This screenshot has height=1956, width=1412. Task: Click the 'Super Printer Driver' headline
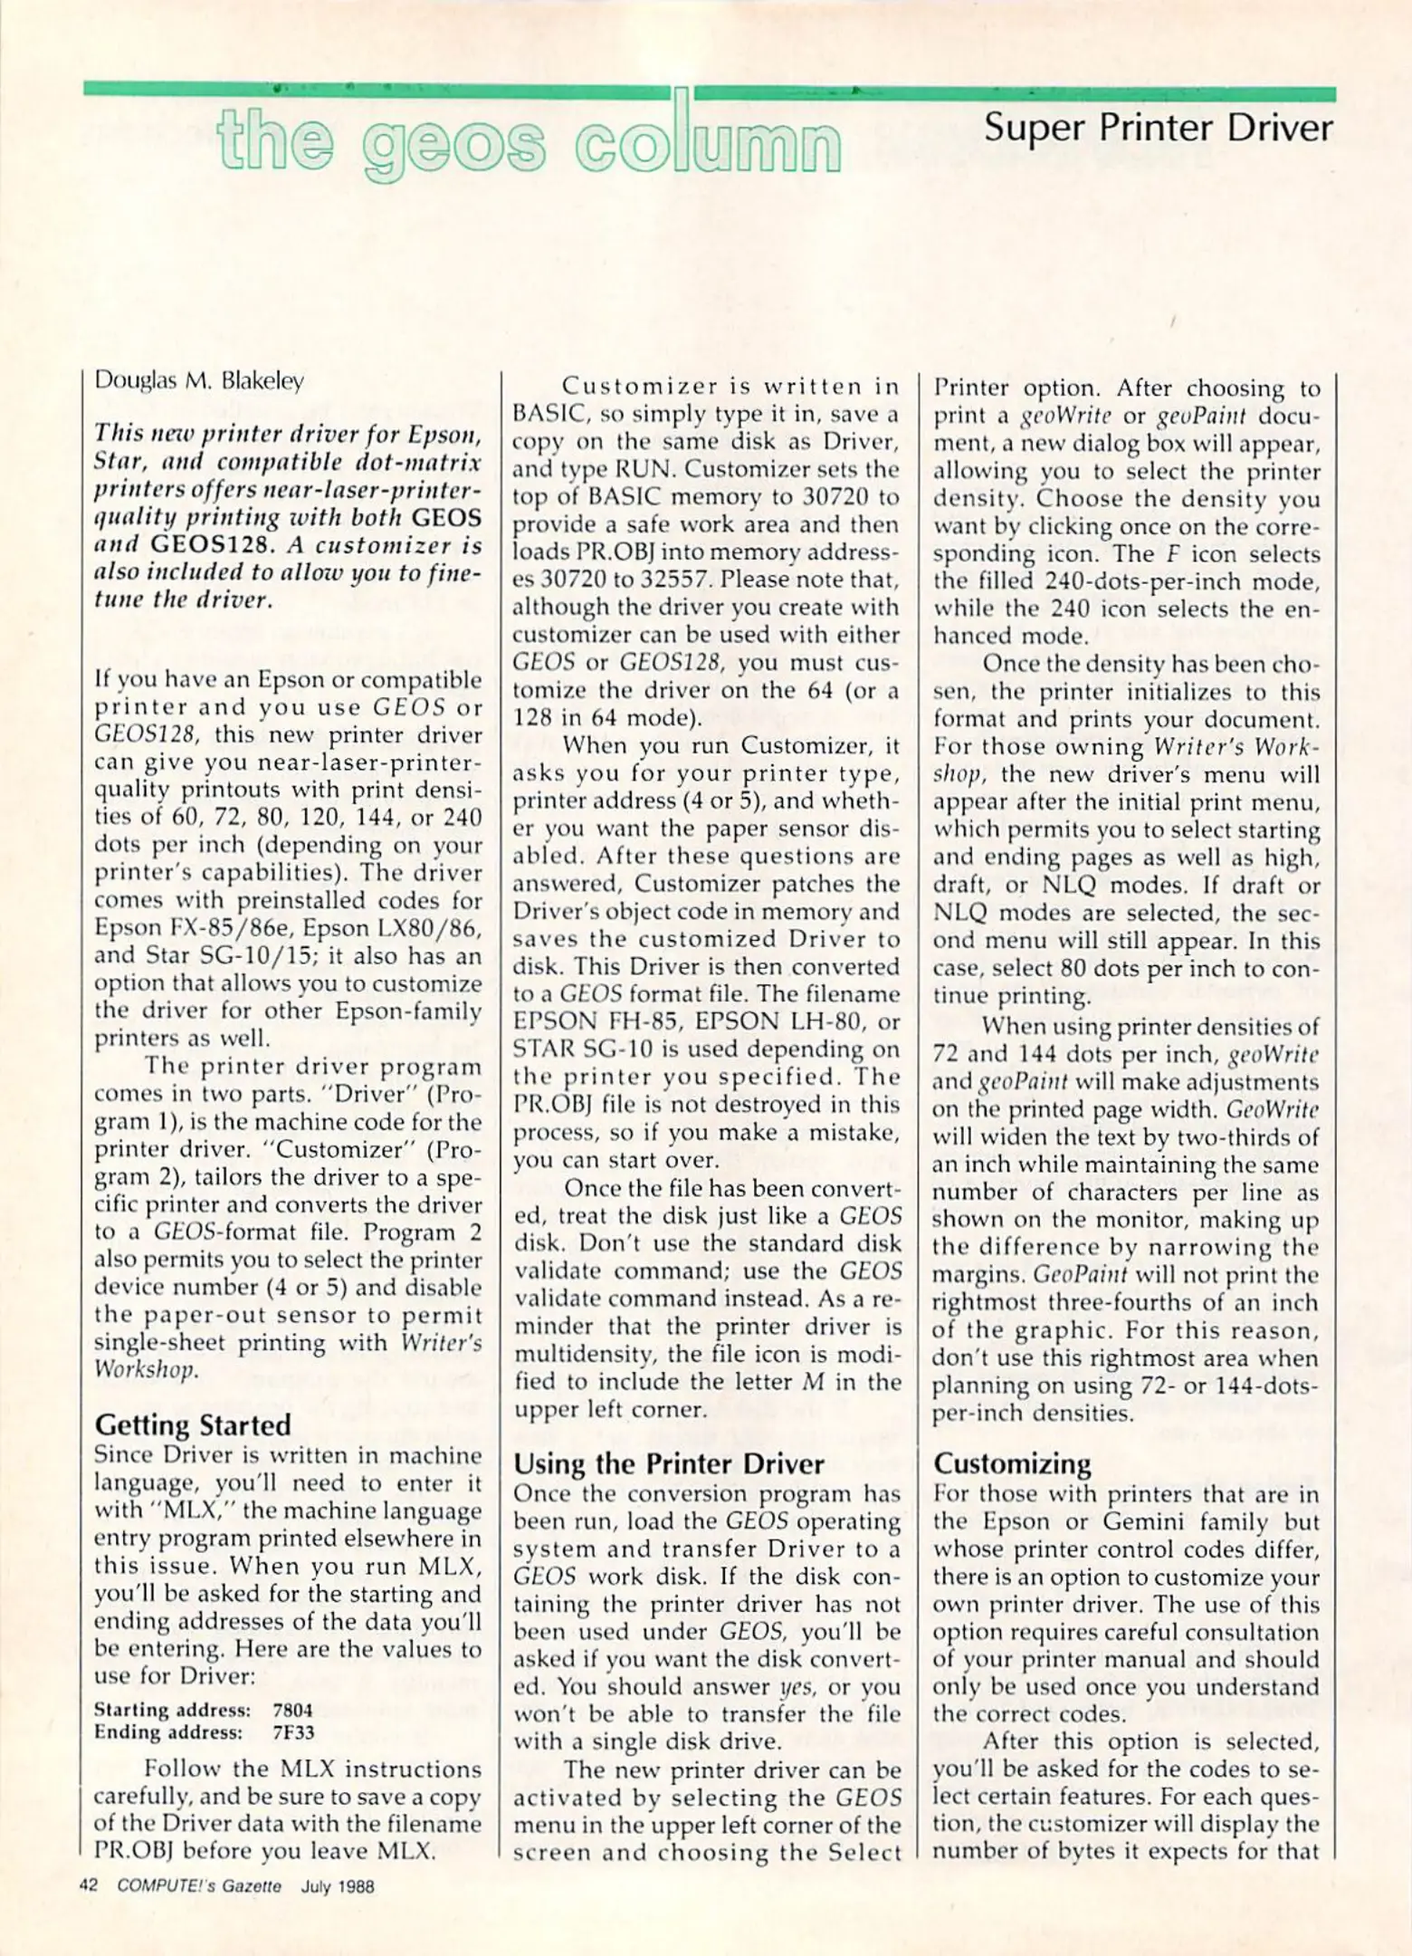tap(1158, 128)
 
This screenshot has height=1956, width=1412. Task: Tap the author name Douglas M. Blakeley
tap(199, 381)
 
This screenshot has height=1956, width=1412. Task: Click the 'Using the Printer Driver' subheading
tap(669, 1464)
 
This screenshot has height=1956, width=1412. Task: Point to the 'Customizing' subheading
tap(1012, 1463)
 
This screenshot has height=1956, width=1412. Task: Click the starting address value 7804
tap(292, 1710)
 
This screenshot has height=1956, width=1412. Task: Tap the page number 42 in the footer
tap(89, 1886)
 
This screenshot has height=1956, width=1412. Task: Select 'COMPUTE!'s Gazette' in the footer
tap(199, 1887)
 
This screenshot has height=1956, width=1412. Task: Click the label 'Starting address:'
tap(172, 1710)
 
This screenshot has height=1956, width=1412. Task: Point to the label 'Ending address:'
tap(168, 1732)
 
